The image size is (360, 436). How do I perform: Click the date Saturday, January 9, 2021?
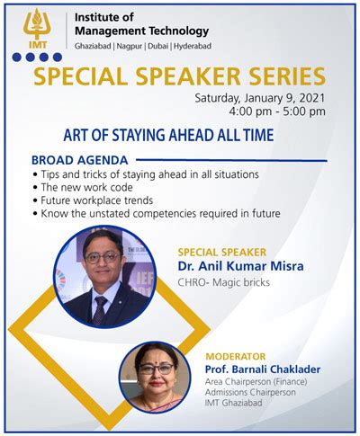(x=260, y=97)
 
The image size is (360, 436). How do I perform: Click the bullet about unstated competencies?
(x=158, y=214)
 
